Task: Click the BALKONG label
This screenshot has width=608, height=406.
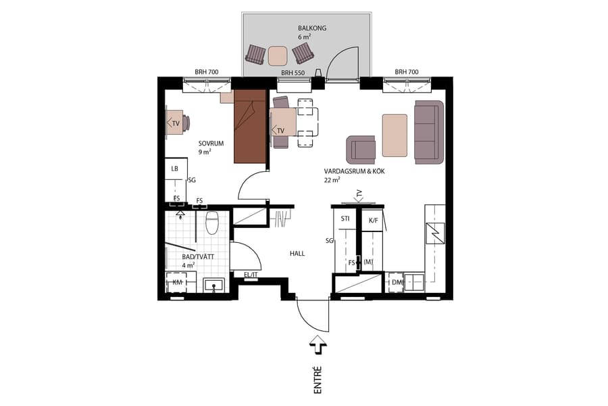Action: click(x=312, y=28)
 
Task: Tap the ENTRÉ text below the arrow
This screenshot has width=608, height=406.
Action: click(x=318, y=380)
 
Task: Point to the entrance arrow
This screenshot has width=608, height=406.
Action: click(x=318, y=346)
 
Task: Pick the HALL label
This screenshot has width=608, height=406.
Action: click(x=297, y=254)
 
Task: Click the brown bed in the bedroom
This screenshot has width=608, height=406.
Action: click(x=250, y=127)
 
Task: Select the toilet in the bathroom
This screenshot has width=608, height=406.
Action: click(x=212, y=223)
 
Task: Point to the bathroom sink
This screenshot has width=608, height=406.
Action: click(x=215, y=285)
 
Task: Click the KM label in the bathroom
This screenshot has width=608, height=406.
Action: click(x=178, y=282)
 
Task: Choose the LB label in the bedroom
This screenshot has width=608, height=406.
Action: click(x=174, y=168)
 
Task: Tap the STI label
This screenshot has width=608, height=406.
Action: click(x=345, y=219)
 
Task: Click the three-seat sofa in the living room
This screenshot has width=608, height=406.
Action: click(x=428, y=131)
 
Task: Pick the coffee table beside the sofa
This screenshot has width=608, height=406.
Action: click(x=395, y=135)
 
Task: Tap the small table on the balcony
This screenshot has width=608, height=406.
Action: click(x=278, y=54)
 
